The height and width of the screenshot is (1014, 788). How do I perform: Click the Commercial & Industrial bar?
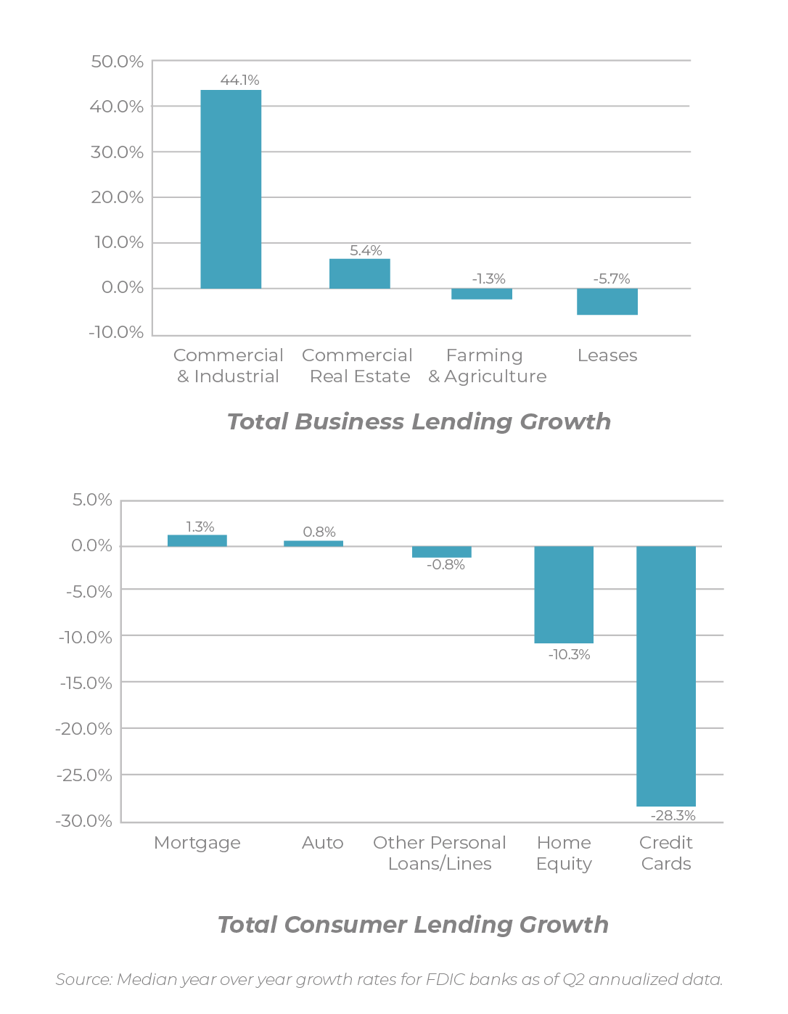[x=231, y=189]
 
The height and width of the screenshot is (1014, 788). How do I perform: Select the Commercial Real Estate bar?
[x=359, y=273]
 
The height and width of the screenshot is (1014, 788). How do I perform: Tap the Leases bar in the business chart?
[x=607, y=302]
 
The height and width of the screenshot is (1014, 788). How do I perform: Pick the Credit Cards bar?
[x=665, y=676]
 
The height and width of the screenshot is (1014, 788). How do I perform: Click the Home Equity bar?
[x=563, y=595]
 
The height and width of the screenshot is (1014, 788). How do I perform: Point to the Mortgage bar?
[x=197, y=540]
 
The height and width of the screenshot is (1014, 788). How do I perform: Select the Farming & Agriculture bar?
[x=481, y=294]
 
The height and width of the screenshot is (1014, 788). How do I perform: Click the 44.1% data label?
[x=239, y=80]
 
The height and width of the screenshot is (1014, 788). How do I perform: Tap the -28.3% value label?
[x=673, y=815]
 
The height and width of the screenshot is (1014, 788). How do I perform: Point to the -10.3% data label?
[x=569, y=654]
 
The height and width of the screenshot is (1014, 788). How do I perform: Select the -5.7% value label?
[x=611, y=279]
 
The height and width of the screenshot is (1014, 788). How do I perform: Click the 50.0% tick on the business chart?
[x=117, y=62]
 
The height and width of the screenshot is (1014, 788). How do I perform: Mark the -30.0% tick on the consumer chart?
[x=84, y=821]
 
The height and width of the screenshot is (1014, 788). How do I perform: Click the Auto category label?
[x=322, y=843]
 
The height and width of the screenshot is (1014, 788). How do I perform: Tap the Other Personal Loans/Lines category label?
[x=440, y=853]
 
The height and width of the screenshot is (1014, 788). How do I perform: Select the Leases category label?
[x=607, y=355]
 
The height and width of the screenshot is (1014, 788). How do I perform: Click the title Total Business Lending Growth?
[x=419, y=421]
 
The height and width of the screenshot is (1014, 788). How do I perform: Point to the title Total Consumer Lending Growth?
[x=413, y=925]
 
